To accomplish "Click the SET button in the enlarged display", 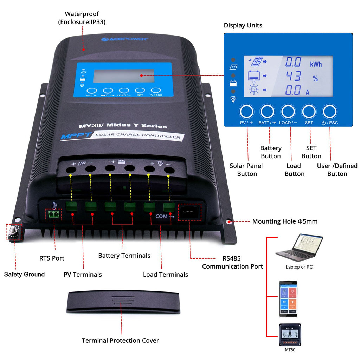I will click(309, 111).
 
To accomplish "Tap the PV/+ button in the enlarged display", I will click(246, 111).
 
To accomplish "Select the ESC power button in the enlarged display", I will click(330, 111).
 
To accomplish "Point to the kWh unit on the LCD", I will click(316, 64).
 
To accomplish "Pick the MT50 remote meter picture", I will click(290, 335).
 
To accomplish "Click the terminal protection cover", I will click(123, 301).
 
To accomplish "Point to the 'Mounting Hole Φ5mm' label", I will click(285, 221).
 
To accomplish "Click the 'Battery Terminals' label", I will click(124, 256).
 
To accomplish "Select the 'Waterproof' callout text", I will click(82, 14).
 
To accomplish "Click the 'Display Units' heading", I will click(243, 25).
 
